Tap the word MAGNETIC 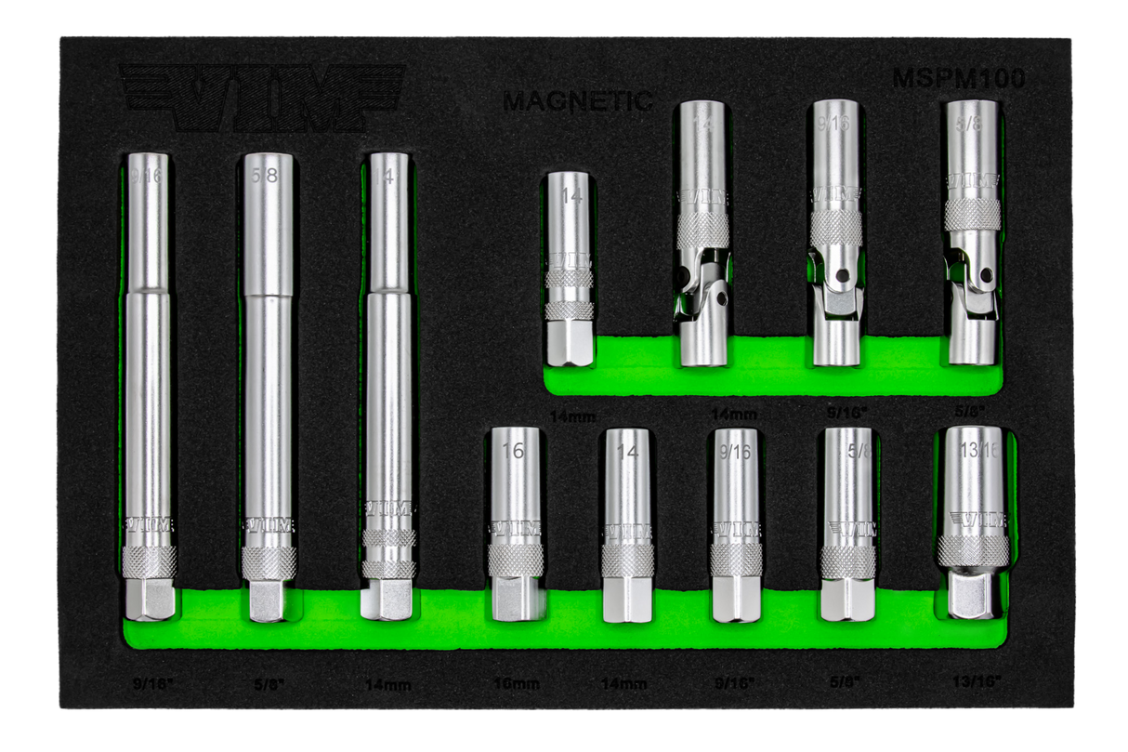tap(577, 101)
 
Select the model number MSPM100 tap(959, 79)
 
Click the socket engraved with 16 tap(514, 525)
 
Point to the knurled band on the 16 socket tap(514, 558)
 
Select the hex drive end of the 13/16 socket tap(970, 596)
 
